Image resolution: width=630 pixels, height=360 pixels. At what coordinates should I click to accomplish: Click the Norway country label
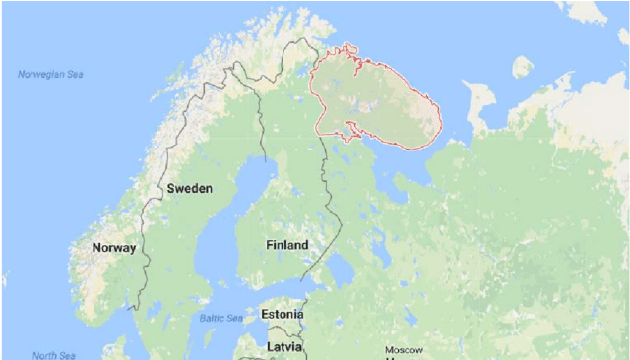point(113,248)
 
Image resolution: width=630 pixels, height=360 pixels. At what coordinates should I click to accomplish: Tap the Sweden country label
point(190,188)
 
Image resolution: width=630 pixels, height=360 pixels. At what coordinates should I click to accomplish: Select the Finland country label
point(286,244)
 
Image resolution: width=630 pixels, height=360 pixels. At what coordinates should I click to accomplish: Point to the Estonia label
point(283,315)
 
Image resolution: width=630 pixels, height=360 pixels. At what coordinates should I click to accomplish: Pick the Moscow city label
point(404,350)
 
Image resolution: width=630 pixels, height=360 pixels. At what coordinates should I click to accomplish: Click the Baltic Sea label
point(221,318)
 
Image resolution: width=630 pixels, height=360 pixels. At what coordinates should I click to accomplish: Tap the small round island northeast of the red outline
point(522,67)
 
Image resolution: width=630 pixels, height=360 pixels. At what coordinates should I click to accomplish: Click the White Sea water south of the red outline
point(413,157)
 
